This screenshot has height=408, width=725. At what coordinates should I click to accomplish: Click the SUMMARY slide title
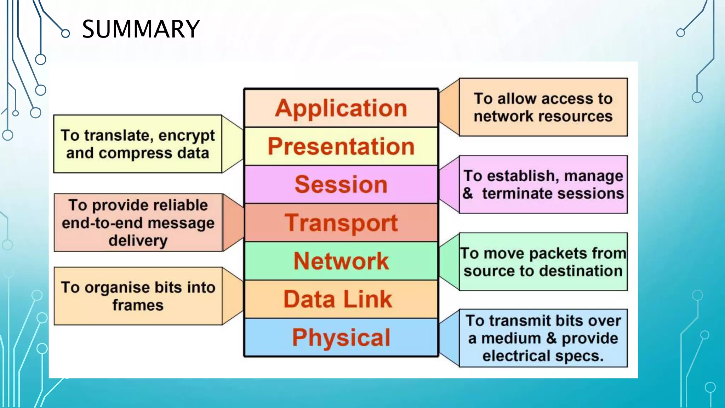coord(141,29)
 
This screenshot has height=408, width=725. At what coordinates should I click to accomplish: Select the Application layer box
coord(341,108)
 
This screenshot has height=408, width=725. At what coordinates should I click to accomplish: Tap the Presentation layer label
coord(341,146)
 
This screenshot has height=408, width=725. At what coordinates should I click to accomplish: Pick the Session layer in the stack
coord(341,185)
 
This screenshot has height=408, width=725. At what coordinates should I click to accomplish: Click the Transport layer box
coord(341,223)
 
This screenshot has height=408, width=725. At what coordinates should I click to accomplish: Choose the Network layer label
coord(341,261)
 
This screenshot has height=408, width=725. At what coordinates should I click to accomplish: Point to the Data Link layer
coord(338,299)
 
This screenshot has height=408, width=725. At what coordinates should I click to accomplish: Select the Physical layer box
coord(341,338)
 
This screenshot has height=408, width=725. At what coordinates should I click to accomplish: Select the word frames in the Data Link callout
coord(138,305)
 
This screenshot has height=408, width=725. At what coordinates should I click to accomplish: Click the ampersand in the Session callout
coord(468,193)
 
